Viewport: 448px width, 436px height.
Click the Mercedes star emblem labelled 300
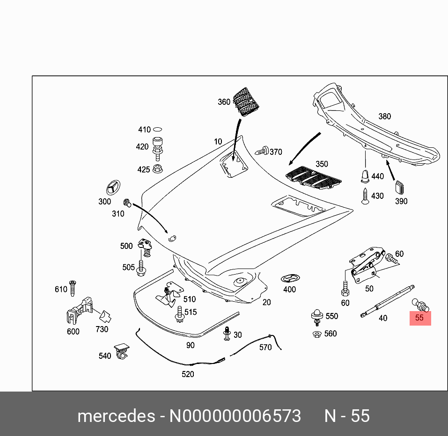(112, 188)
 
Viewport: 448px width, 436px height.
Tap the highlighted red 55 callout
(420, 318)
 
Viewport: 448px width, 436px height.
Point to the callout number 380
(384, 116)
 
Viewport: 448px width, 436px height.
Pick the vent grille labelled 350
(313, 177)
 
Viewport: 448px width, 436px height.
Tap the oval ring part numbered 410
(158, 130)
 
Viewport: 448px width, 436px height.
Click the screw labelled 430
(365, 196)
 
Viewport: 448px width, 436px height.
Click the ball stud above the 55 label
(419, 305)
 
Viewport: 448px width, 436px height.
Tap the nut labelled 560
(316, 334)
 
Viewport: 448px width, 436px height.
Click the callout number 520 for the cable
(188, 374)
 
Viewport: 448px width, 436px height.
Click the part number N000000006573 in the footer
(235, 416)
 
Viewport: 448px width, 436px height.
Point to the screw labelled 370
(263, 151)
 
